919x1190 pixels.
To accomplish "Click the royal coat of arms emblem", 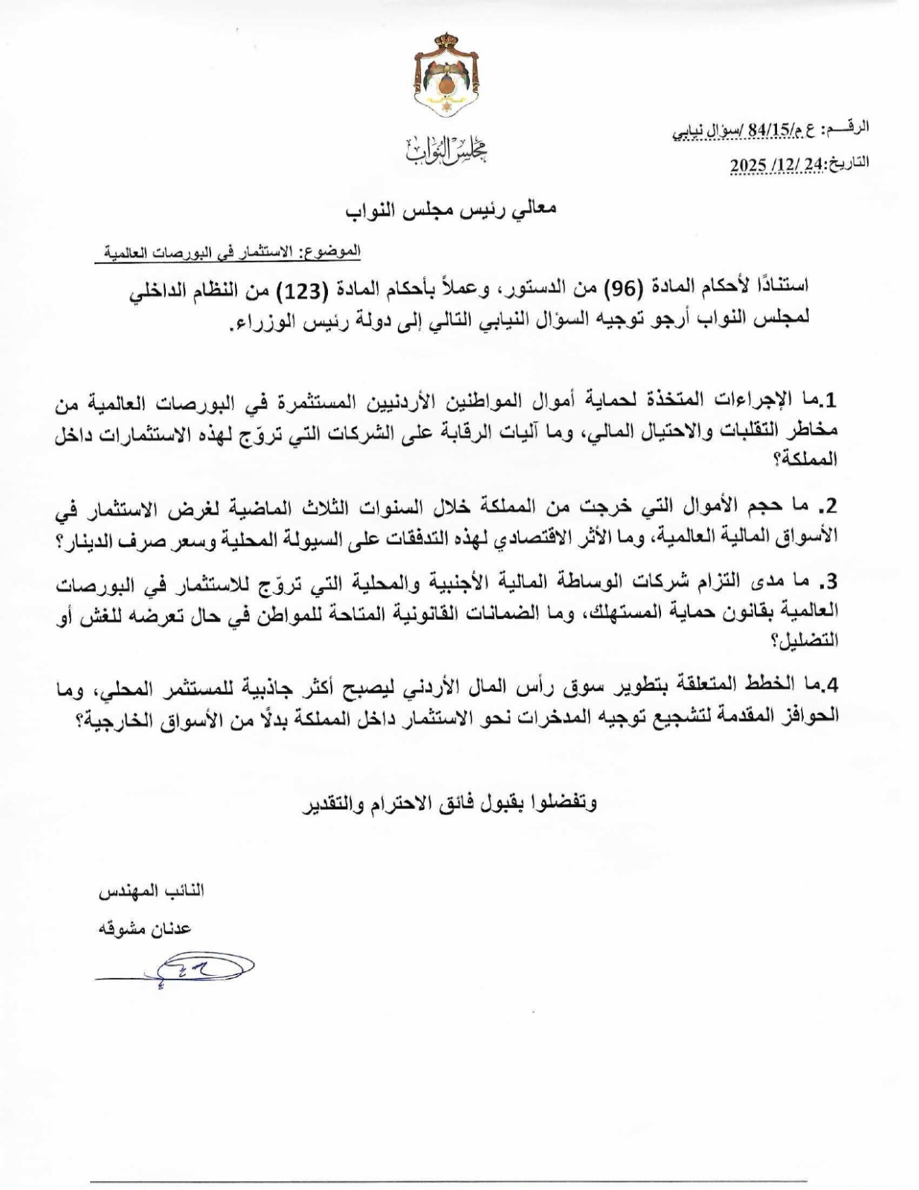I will pos(447,77).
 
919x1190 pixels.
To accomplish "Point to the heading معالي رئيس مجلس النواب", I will pos(451,209).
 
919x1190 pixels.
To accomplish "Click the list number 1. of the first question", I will pos(828,401).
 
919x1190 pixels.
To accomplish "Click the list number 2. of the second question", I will pos(828,506).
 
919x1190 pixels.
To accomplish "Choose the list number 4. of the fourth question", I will pos(828,685).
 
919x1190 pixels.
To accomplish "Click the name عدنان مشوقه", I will pos(144,928).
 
